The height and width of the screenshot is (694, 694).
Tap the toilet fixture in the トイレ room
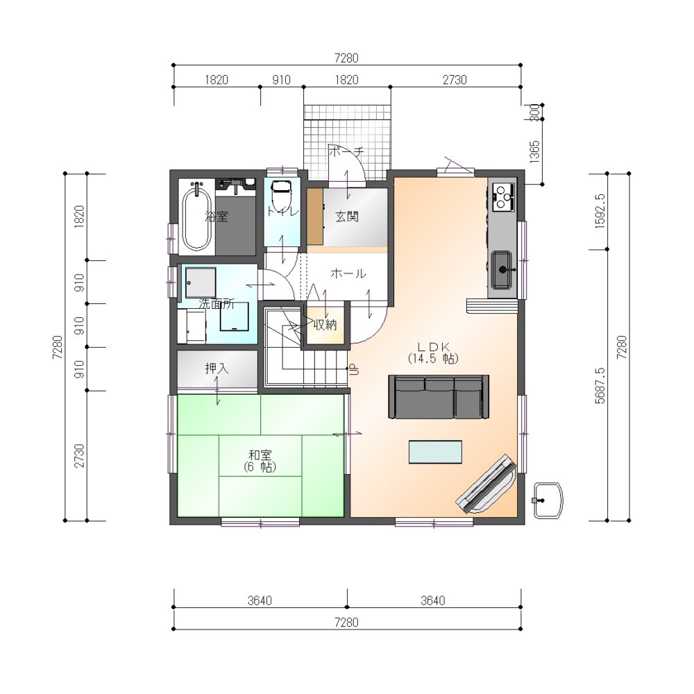[280, 196]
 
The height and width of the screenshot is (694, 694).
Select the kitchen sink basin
[502, 269]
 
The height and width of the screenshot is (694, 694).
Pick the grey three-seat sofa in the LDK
[439, 396]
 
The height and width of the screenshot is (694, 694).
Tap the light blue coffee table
[435, 452]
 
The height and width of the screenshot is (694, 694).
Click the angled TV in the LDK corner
[486, 483]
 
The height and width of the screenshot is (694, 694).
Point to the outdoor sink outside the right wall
[548, 500]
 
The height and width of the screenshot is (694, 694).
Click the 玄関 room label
[346, 217]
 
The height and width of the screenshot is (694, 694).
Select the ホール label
[348, 273]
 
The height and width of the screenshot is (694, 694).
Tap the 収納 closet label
[325, 324]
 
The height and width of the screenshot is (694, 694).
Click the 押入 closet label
[217, 368]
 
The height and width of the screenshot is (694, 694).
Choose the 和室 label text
[260, 455]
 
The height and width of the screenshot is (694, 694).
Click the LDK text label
[434, 346]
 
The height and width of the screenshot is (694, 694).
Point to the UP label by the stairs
[354, 369]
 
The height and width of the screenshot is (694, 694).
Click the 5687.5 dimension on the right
[600, 385]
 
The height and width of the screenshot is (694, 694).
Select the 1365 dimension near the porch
[534, 152]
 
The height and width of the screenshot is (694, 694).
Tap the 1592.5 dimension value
[600, 211]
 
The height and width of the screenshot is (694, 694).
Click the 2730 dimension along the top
[455, 80]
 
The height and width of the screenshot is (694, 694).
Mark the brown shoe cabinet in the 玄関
[315, 217]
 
